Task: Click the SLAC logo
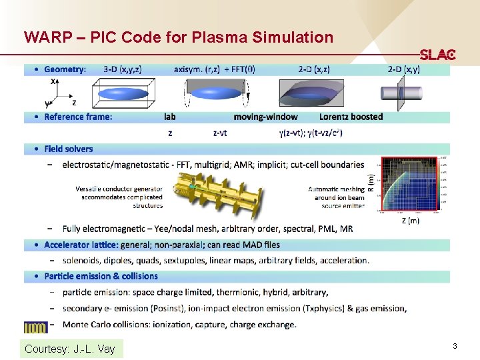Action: click(437, 55)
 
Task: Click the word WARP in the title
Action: click(45, 37)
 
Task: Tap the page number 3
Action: click(454, 346)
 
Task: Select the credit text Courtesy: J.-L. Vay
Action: click(69, 349)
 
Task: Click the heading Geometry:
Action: click(65, 69)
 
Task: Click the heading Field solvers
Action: click(69, 149)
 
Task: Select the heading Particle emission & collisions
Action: click(101, 276)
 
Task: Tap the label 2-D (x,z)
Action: click(313, 69)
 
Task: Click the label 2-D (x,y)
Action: click(409, 69)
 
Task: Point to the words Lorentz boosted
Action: click(351, 117)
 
